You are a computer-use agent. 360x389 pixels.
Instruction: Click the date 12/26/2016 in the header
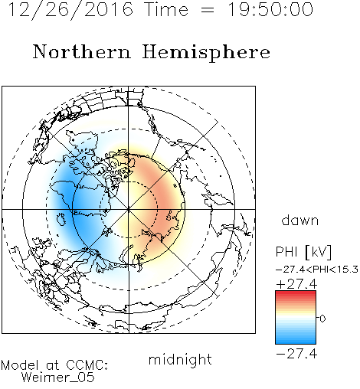click(x=70, y=10)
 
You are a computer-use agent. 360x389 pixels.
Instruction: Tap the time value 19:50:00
click(x=270, y=9)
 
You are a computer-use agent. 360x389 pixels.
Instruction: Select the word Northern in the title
click(x=82, y=51)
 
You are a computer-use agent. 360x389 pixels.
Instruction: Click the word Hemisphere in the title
click(x=206, y=53)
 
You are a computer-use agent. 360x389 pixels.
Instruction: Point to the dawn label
click(x=300, y=220)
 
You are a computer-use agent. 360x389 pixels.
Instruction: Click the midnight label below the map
click(x=180, y=359)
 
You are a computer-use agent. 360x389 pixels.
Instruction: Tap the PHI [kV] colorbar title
click(x=303, y=252)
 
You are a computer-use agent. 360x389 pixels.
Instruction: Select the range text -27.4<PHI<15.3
click(x=317, y=270)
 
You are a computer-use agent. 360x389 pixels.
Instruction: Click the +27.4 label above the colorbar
click(x=296, y=284)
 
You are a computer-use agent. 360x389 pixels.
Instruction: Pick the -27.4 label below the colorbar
click(x=296, y=354)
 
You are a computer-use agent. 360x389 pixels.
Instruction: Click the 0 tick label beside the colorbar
click(x=322, y=319)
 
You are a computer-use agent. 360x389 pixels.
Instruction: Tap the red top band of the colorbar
click(x=296, y=294)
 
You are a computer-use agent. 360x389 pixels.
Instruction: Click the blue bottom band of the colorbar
click(x=296, y=341)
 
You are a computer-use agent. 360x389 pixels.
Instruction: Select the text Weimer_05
click(x=58, y=378)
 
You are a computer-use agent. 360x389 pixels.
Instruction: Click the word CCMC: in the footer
click(x=87, y=365)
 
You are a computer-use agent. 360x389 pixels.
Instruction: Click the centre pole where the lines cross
click(x=129, y=209)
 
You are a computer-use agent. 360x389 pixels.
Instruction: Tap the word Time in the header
click(x=166, y=9)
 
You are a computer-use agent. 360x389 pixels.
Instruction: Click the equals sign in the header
click(x=208, y=10)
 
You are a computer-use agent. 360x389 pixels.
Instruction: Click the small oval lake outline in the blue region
click(x=61, y=220)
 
